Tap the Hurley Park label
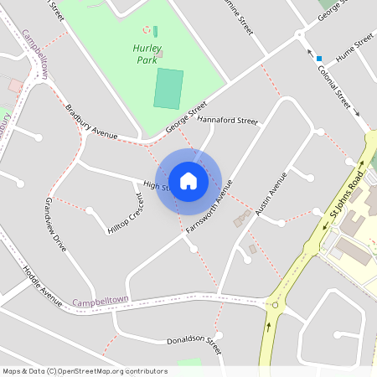(x=147, y=54)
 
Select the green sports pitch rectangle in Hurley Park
(x=168, y=89)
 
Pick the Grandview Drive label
(x=55, y=225)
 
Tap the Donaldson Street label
(x=194, y=343)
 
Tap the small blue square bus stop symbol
(x=318, y=59)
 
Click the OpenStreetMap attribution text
(x=85, y=371)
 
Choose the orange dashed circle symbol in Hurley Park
(x=147, y=29)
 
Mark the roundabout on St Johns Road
(x=275, y=305)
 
